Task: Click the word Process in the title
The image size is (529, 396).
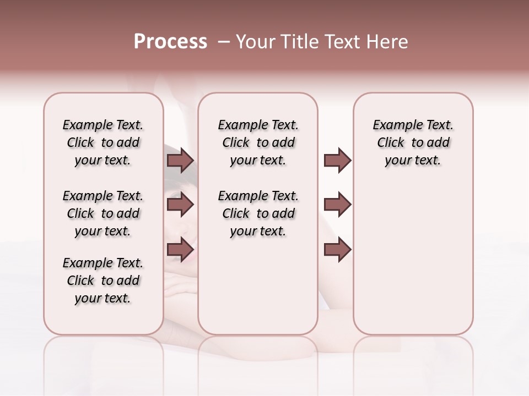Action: pyautogui.click(x=170, y=42)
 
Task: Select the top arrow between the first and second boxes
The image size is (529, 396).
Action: pyautogui.click(x=180, y=160)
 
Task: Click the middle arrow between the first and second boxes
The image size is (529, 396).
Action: pyautogui.click(x=180, y=205)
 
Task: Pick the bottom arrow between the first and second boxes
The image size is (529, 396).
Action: pyautogui.click(x=180, y=249)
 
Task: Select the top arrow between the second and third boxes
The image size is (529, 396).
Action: pyautogui.click(x=337, y=160)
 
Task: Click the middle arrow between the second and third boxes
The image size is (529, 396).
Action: pyautogui.click(x=337, y=205)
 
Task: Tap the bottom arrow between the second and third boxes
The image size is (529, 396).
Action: pyautogui.click(x=337, y=249)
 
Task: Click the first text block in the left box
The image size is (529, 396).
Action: pyautogui.click(x=103, y=142)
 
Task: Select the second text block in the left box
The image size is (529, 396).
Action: pyautogui.click(x=103, y=213)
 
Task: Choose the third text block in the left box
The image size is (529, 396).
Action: pyautogui.click(x=103, y=280)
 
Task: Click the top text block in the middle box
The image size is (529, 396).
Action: pyautogui.click(x=258, y=142)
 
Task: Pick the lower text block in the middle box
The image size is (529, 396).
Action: pyautogui.click(x=258, y=213)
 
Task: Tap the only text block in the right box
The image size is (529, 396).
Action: pyautogui.click(x=413, y=142)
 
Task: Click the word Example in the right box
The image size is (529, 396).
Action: pyautogui.click(x=395, y=125)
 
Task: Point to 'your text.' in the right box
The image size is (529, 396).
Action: pyautogui.click(x=413, y=161)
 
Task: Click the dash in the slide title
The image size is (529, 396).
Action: pyautogui.click(x=224, y=42)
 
